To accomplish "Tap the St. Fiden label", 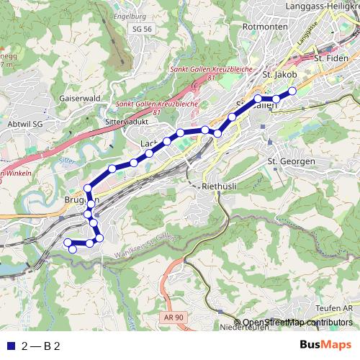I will (x=330, y=56).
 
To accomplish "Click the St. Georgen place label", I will (x=291, y=161).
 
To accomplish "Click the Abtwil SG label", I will (x=24, y=123).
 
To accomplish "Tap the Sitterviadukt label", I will (x=129, y=122).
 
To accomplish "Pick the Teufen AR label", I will (x=338, y=307).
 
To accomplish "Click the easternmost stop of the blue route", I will (x=293, y=91).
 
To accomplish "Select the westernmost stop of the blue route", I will (x=67, y=243).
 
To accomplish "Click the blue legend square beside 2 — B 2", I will (x=9, y=346).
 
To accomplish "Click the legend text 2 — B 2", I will (x=40, y=346).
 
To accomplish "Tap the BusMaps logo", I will (x=326, y=345).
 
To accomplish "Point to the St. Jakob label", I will (x=280, y=73).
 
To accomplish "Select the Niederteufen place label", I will (x=246, y=327).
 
